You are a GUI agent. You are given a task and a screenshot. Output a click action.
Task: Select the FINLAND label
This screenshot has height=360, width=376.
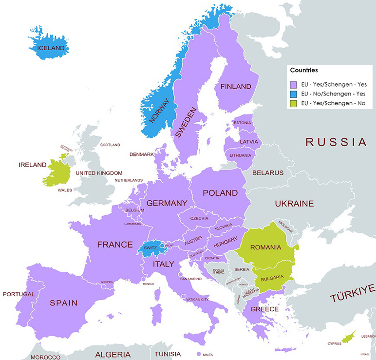pos(236,87)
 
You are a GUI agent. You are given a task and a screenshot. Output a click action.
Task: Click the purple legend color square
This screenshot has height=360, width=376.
pos(293,84)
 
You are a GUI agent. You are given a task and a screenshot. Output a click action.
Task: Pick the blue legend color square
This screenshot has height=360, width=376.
pos(293,94)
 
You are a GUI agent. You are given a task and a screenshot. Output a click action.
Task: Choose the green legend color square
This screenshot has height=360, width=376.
pos(293,104)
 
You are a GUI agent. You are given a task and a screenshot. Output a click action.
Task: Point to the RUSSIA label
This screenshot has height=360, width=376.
pos(336,142)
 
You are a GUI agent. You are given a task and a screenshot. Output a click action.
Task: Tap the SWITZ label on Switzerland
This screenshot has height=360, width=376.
pos(150,248)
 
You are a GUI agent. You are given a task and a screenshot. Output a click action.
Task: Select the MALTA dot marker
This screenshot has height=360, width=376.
pos(199,354)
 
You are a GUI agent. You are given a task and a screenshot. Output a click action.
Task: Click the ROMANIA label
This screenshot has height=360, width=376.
pos(265,247)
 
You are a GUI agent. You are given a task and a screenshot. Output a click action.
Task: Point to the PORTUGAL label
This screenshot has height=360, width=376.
pos(19,294)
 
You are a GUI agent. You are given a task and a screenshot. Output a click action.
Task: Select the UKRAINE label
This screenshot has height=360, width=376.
pos(294,204)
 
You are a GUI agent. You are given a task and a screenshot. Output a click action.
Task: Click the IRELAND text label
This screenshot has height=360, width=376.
pos(33,165)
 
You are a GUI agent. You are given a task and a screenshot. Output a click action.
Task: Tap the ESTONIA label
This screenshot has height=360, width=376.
pos(242,123)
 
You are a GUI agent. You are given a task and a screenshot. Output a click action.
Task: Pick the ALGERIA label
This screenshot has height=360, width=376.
pos(113,354)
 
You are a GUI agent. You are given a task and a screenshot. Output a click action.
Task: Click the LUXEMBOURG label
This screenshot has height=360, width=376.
pos(132,224)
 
